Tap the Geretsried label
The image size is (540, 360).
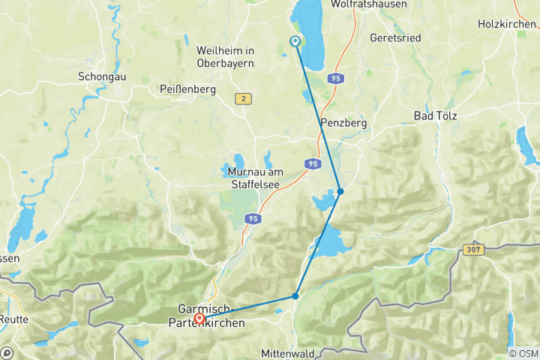point(396,37)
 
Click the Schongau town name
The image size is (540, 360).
point(100,76)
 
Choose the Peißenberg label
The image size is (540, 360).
point(187,89)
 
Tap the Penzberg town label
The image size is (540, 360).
point(341,122)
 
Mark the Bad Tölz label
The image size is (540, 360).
point(435,115)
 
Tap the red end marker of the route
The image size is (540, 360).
point(199,319)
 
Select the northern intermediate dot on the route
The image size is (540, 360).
point(340,192)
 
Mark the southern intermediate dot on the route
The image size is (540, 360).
point(295,296)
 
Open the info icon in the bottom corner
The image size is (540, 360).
point(7,352)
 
